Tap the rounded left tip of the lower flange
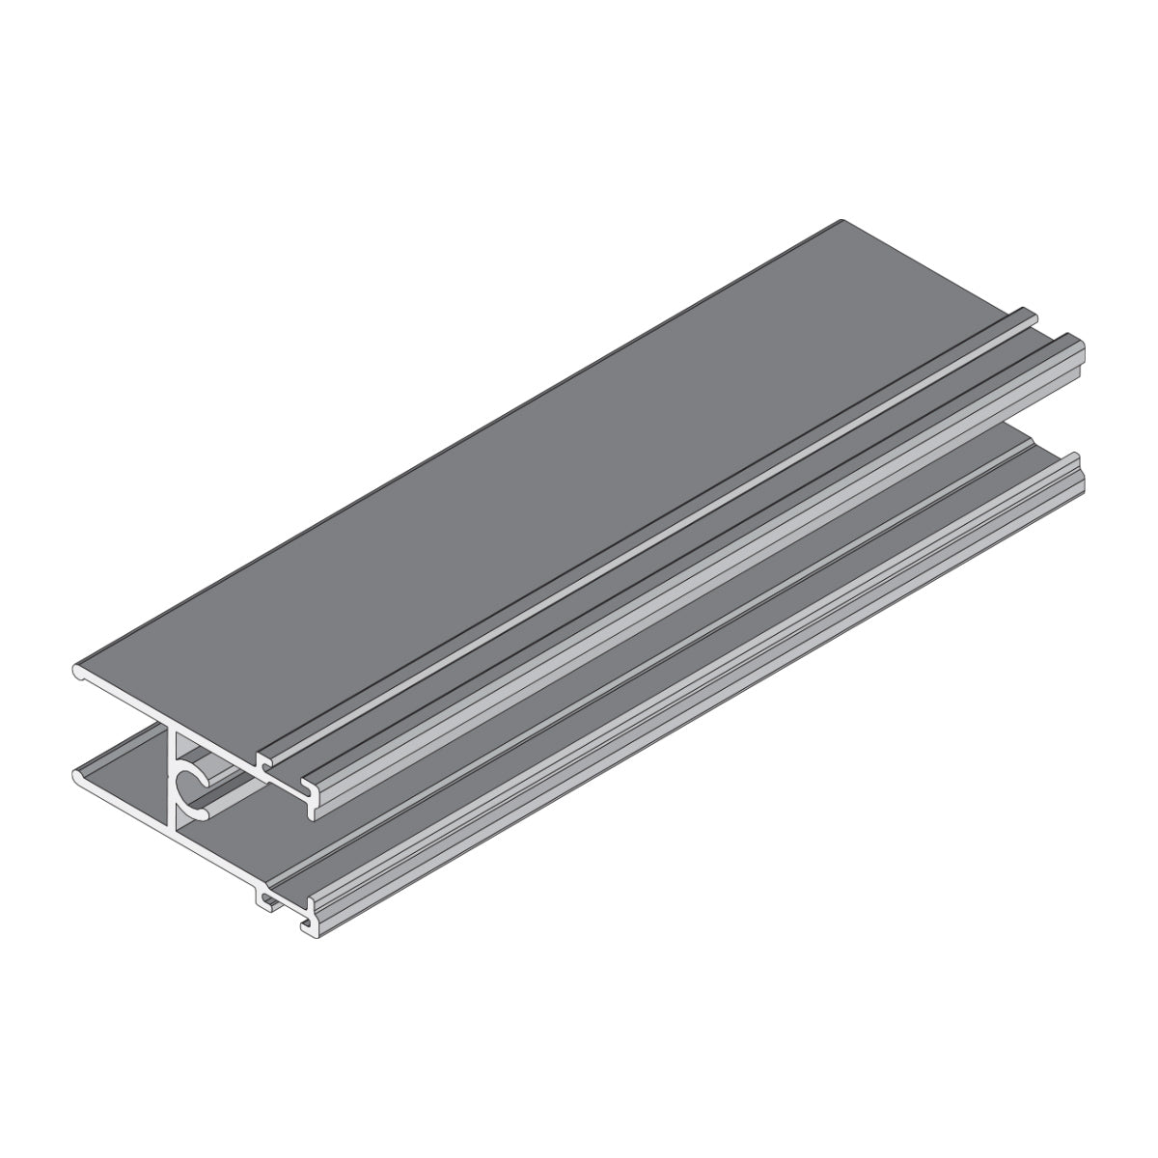pos(77,774)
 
